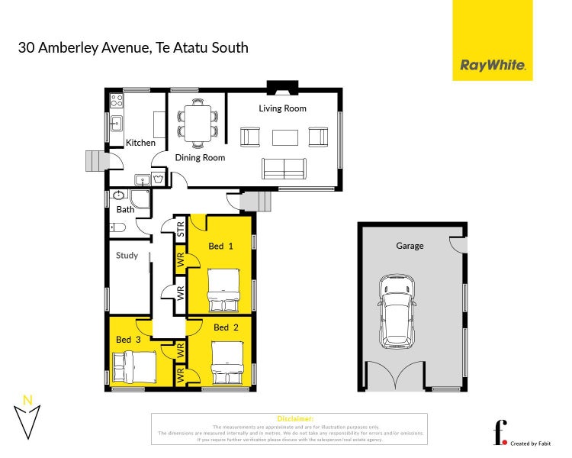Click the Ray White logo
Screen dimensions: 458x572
click(x=493, y=66)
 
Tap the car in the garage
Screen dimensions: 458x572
click(x=397, y=309)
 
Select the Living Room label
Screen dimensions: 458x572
click(x=282, y=108)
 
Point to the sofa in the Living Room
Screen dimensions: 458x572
click(x=284, y=168)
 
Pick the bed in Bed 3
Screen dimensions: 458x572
click(x=134, y=366)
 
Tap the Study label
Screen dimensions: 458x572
click(x=127, y=256)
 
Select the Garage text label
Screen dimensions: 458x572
click(x=410, y=246)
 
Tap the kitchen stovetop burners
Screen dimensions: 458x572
click(x=117, y=100)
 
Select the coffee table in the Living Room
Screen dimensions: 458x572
click(x=284, y=137)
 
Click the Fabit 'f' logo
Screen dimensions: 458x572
click(x=500, y=432)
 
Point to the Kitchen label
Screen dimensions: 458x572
click(x=140, y=143)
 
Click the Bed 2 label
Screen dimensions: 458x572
click(x=221, y=327)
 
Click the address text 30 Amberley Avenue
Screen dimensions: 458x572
click(x=84, y=47)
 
